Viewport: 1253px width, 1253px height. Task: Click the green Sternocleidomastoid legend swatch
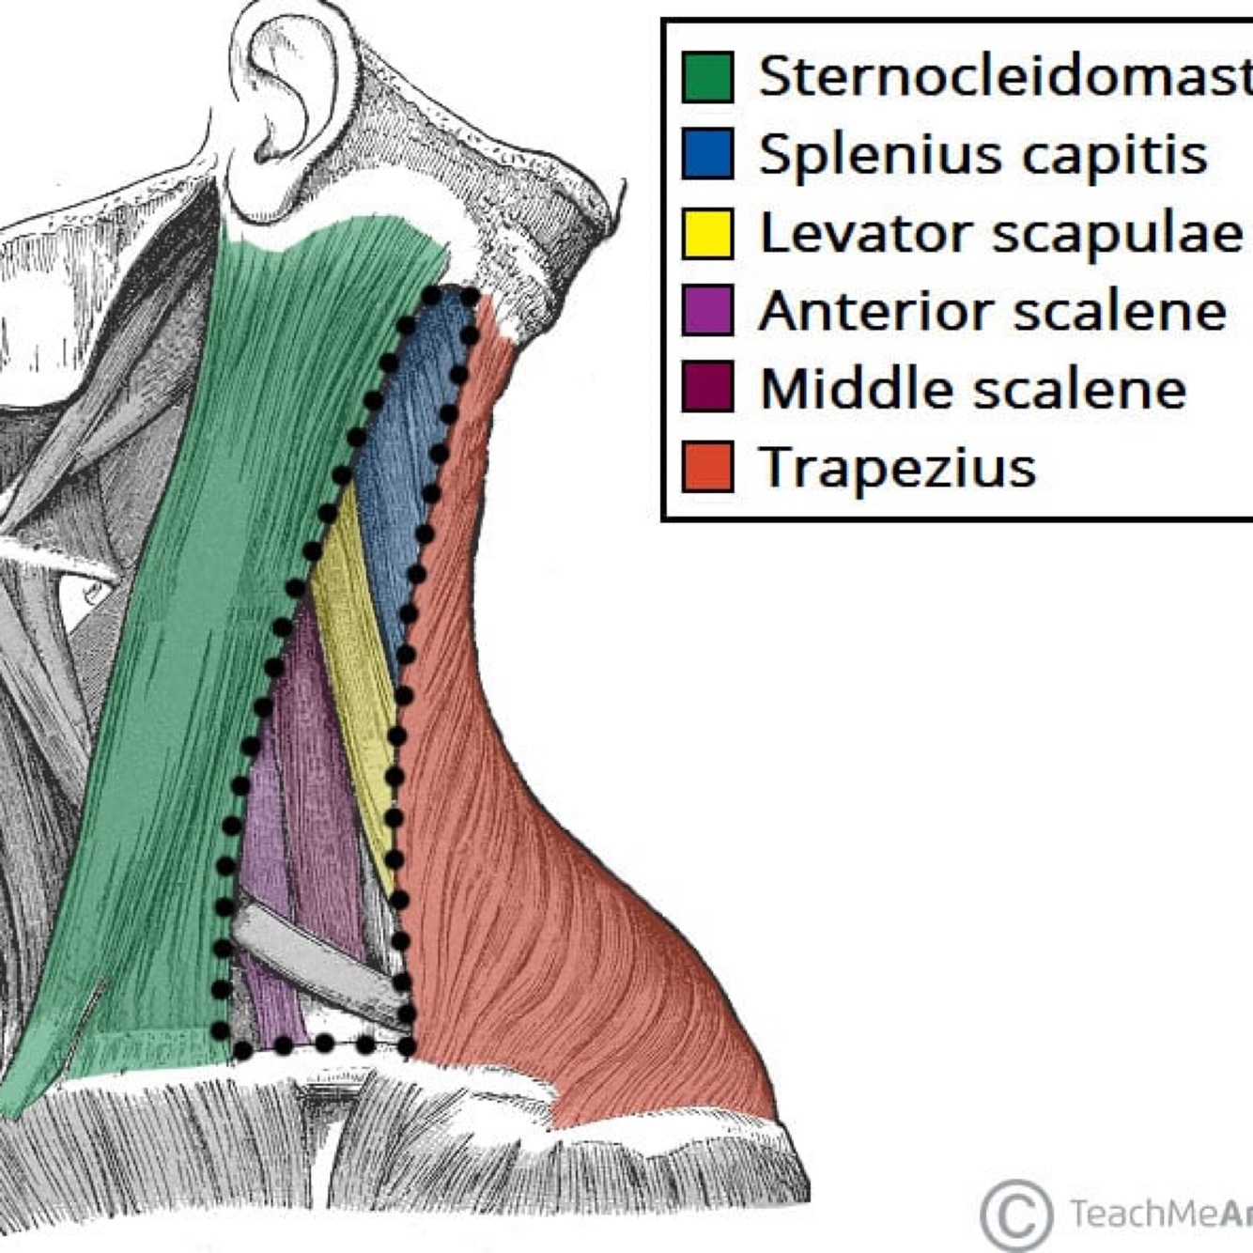[x=707, y=77]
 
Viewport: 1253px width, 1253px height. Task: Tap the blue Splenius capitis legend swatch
[x=707, y=155]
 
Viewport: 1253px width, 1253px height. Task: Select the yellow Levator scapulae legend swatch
[x=707, y=234]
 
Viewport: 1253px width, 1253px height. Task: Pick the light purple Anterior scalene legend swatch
[x=707, y=311]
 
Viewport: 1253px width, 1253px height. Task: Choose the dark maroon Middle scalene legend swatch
[x=707, y=388]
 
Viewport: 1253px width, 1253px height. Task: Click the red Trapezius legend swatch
[x=707, y=467]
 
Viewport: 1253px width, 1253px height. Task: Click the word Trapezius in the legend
[x=897, y=467]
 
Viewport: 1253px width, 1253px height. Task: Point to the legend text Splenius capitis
[x=982, y=155]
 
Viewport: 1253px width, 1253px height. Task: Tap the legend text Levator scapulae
[x=1000, y=234]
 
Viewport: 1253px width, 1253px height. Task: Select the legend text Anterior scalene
[x=992, y=311]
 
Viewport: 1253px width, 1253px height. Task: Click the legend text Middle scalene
[x=972, y=388]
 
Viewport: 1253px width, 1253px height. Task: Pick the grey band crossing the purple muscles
[x=315, y=958]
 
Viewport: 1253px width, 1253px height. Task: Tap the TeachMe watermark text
[x=1155, y=1214]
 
